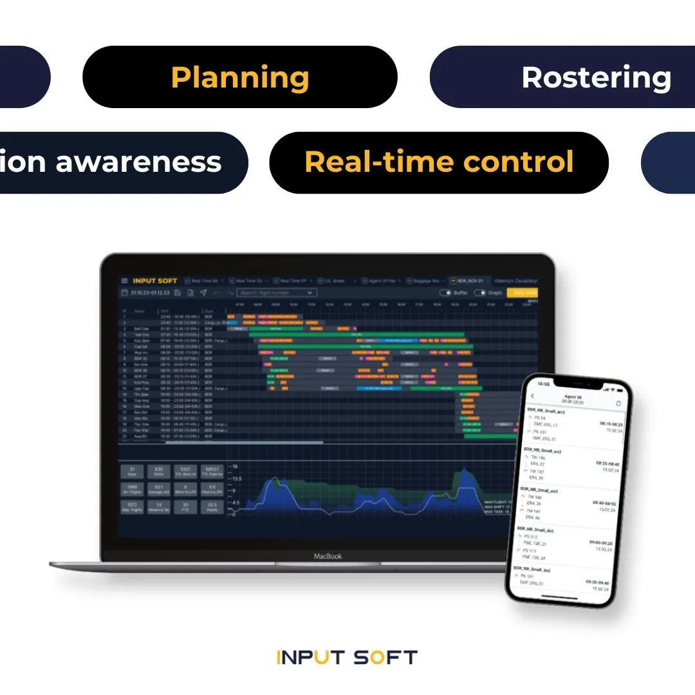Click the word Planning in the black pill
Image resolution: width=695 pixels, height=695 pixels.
point(240,77)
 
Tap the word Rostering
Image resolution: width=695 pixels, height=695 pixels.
point(597,77)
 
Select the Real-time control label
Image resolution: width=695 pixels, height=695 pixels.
point(439,162)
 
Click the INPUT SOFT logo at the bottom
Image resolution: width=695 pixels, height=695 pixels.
point(347,657)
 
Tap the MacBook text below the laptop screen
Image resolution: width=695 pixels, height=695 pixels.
point(328,556)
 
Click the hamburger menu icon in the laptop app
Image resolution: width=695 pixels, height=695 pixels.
point(124,281)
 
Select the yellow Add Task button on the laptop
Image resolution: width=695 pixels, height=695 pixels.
point(522,292)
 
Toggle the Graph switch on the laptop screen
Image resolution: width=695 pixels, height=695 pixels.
point(480,293)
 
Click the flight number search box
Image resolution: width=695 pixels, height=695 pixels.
point(276,293)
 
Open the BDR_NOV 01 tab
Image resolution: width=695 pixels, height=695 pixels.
point(468,281)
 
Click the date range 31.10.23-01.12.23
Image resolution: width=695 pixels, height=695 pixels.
point(151,293)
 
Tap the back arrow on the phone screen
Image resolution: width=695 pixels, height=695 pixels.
point(532,395)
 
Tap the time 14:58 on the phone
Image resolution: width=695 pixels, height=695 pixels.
point(544,384)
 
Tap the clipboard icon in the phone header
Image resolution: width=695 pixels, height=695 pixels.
point(618,403)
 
